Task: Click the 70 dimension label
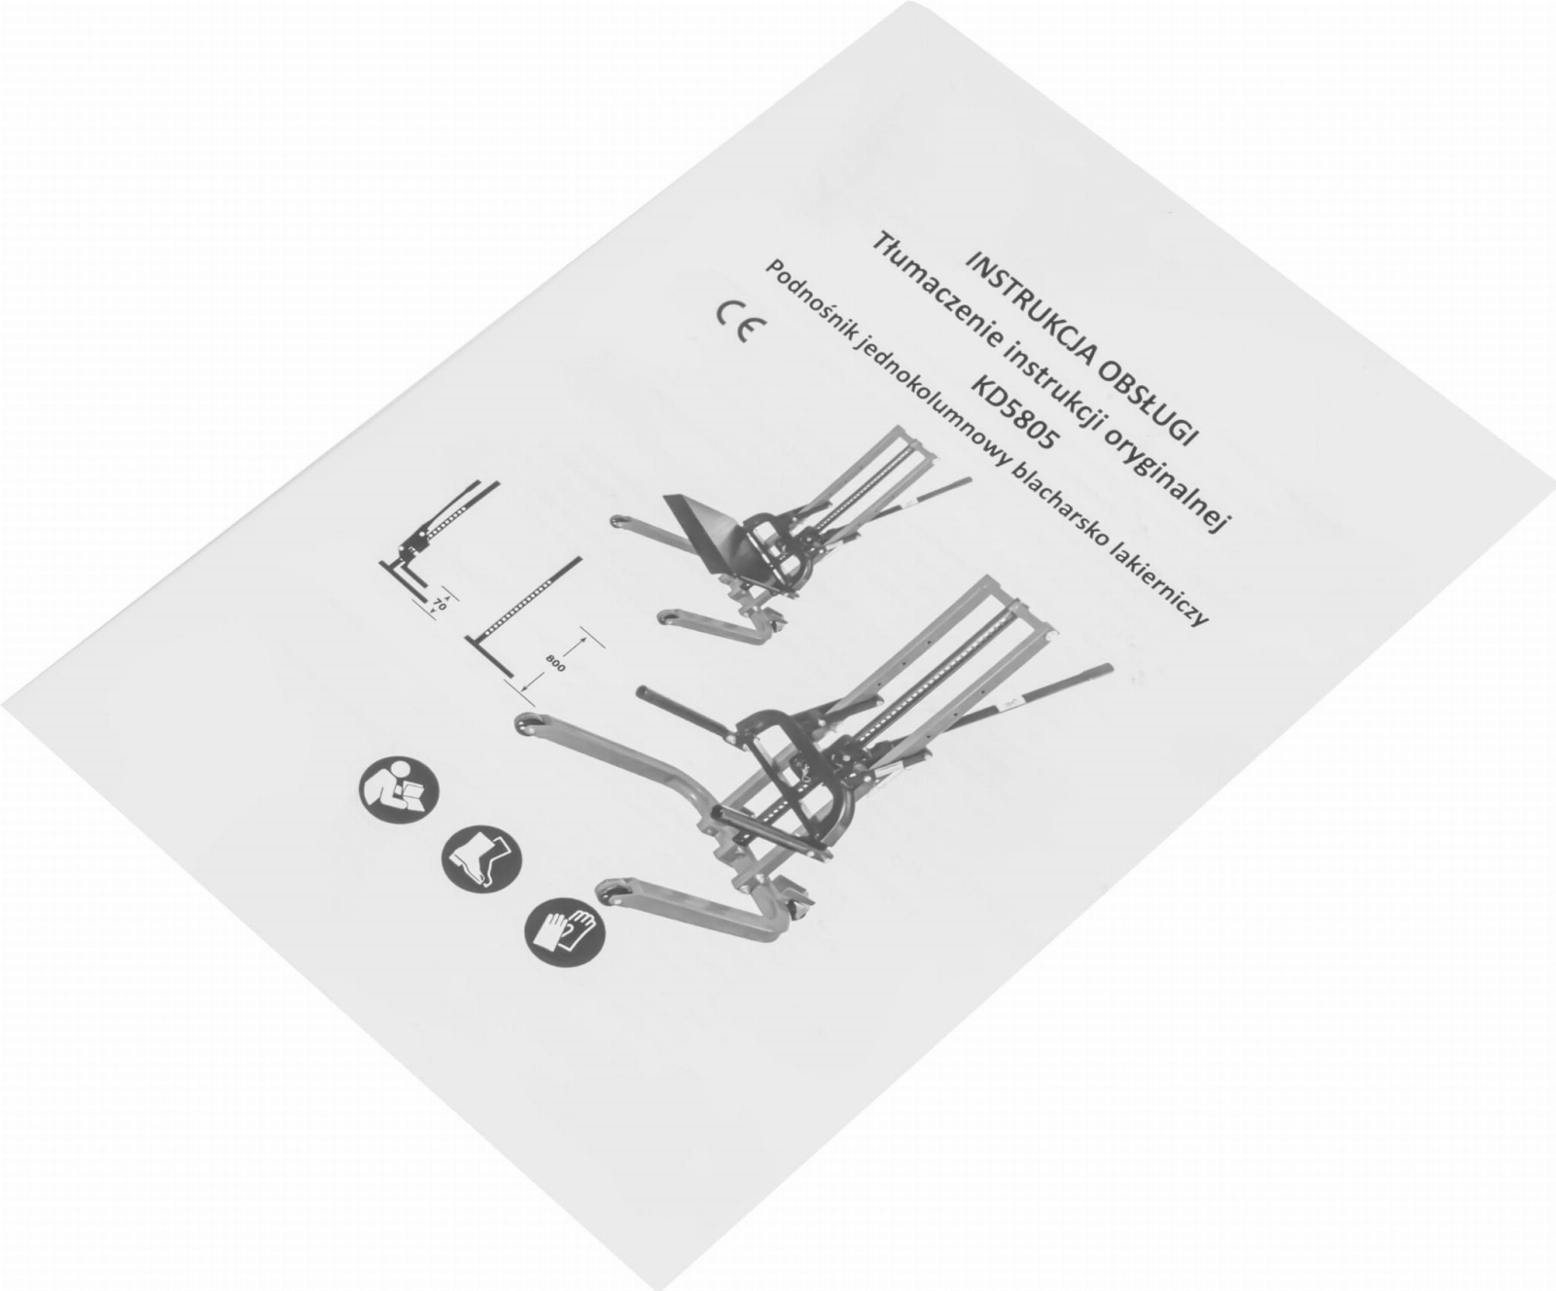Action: point(439,604)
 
